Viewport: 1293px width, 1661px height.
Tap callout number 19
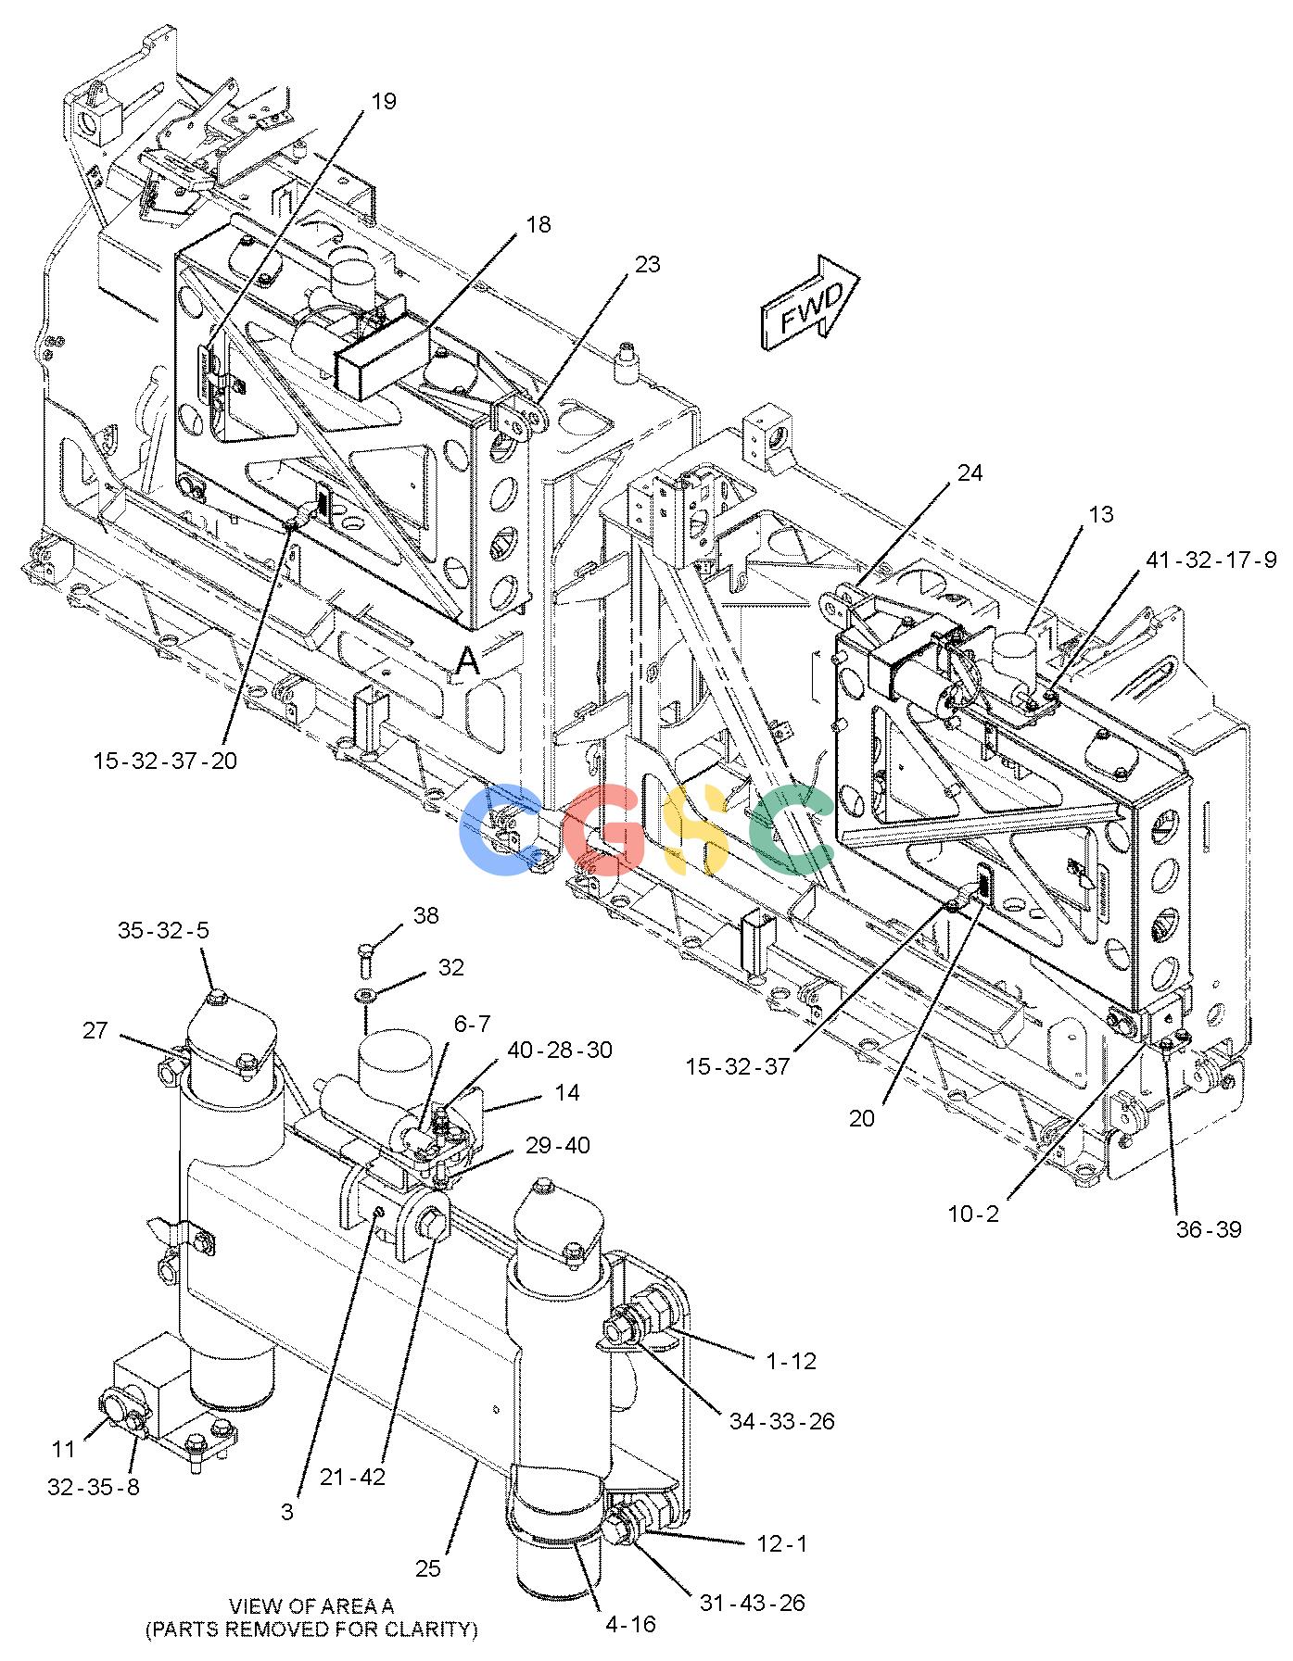tap(384, 101)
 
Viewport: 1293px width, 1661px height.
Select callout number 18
tap(538, 224)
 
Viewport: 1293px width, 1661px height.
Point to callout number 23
tap(647, 264)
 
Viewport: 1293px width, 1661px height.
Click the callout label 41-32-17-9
tap(1211, 560)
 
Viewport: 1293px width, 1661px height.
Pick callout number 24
tap(970, 473)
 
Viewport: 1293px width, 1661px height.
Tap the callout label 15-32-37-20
tap(165, 761)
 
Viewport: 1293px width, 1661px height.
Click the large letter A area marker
tap(469, 661)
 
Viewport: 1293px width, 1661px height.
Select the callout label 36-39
tap(1209, 1229)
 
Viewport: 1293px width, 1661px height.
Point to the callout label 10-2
tap(973, 1214)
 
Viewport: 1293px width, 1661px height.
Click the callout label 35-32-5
tap(164, 931)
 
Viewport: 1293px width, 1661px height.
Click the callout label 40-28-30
tap(560, 1051)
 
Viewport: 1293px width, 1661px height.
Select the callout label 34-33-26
tap(782, 1420)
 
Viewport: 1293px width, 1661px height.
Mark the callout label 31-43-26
tap(752, 1603)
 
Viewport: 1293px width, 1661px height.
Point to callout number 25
tap(427, 1568)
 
